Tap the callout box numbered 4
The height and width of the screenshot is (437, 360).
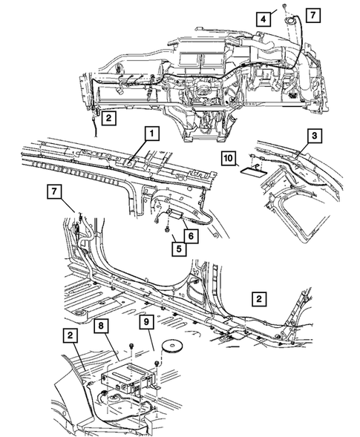264,17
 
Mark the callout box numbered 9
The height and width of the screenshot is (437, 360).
148,323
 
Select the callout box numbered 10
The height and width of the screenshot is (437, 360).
228,158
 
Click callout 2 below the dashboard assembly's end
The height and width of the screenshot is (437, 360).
108,117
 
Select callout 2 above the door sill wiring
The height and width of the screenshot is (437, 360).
258,299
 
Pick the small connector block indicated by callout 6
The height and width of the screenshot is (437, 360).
175,214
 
